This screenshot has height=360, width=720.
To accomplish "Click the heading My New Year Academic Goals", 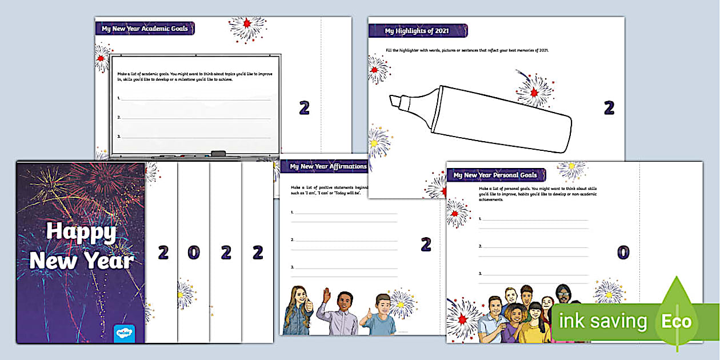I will pyautogui.click(x=145, y=29).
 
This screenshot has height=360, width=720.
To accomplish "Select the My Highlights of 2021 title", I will pyautogui.click(x=418, y=31).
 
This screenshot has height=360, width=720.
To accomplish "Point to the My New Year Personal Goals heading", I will pyautogui.click(x=495, y=175).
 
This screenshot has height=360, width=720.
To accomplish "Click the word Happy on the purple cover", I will pyautogui.click(x=81, y=231).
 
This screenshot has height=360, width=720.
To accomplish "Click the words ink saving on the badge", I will pyautogui.click(x=602, y=321).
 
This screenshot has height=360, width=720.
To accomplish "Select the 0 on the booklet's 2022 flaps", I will pyautogui.click(x=194, y=252).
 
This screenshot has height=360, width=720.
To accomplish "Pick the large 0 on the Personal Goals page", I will pyautogui.click(x=623, y=252).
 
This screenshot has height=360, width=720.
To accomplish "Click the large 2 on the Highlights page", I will pyautogui.click(x=609, y=107).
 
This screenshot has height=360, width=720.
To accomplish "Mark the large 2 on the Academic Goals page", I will pyautogui.click(x=305, y=107).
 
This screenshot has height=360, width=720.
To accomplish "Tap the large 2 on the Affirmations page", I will pyautogui.click(x=426, y=245).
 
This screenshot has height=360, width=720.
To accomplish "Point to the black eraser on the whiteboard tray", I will pyautogui.click(x=218, y=154).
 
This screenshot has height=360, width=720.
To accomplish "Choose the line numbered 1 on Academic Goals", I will pyautogui.click(x=194, y=99).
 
